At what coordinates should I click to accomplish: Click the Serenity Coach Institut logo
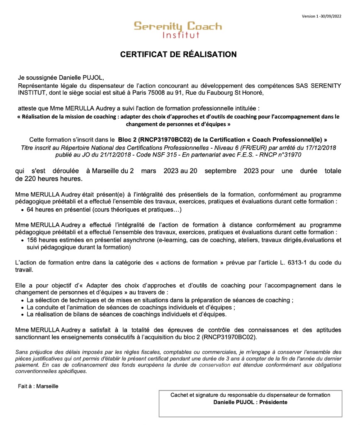(178, 29)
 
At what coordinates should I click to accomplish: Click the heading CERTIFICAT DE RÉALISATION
(178, 54)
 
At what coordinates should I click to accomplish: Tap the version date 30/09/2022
(328, 16)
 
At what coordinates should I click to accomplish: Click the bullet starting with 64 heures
(104, 210)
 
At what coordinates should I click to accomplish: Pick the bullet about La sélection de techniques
(160, 300)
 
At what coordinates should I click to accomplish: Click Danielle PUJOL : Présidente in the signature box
(250, 402)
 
